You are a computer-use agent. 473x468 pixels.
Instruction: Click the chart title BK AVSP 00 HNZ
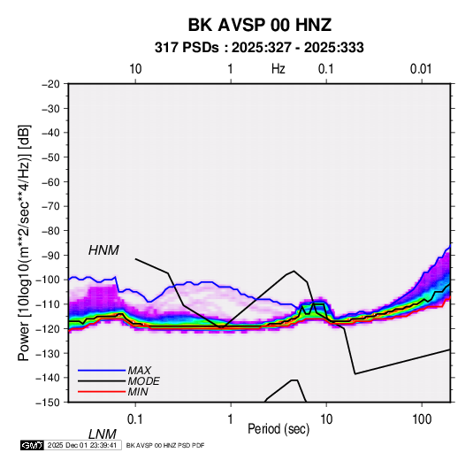[x=260, y=25]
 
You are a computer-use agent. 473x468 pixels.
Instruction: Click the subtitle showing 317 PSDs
[x=259, y=48]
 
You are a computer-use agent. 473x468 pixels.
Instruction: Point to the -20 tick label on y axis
[x=51, y=84]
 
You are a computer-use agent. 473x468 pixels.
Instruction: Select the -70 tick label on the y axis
[x=51, y=206]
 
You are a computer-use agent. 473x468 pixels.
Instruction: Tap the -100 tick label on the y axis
[x=49, y=280]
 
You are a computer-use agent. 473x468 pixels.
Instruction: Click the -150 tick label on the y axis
[x=49, y=403]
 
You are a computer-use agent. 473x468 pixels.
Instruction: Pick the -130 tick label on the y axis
[x=49, y=353]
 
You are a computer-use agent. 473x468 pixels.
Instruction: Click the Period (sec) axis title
[x=278, y=429]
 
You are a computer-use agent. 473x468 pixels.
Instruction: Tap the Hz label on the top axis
[x=278, y=69]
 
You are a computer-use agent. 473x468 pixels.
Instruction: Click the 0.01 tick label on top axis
[x=421, y=69]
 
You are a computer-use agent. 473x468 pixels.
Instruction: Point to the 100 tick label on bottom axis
[x=422, y=419]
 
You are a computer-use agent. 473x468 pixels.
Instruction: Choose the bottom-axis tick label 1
[x=231, y=419]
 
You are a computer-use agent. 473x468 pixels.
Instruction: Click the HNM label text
[x=103, y=250]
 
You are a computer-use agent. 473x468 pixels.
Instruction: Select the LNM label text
[x=103, y=434]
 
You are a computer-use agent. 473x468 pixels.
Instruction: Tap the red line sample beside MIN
[x=102, y=392]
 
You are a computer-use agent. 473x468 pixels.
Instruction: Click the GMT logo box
[x=33, y=445]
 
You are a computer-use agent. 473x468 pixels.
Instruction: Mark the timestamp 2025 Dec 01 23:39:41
[x=82, y=445]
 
